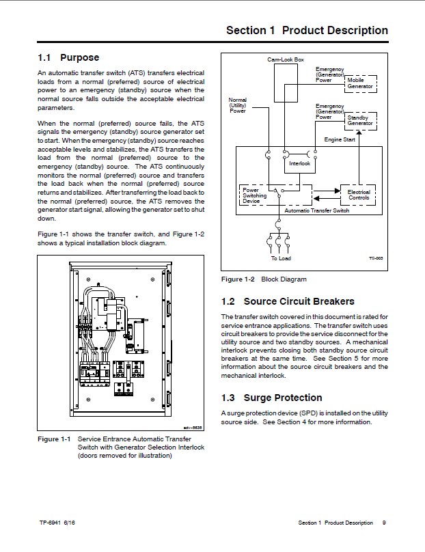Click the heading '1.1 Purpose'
click(68, 58)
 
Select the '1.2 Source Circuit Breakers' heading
click(288, 301)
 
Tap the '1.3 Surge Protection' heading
click(271, 398)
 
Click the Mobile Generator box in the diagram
click(359, 83)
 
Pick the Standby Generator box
click(359, 121)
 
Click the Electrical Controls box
click(359, 195)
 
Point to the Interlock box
click(299, 164)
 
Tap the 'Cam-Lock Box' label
click(285, 60)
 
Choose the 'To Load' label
click(281, 258)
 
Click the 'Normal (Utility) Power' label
click(237, 105)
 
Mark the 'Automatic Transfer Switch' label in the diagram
click(317, 210)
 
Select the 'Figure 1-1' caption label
click(54, 439)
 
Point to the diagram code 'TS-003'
click(374, 258)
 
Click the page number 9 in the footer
click(384, 523)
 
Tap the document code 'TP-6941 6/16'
click(57, 523)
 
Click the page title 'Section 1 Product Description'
click(307, 31)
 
